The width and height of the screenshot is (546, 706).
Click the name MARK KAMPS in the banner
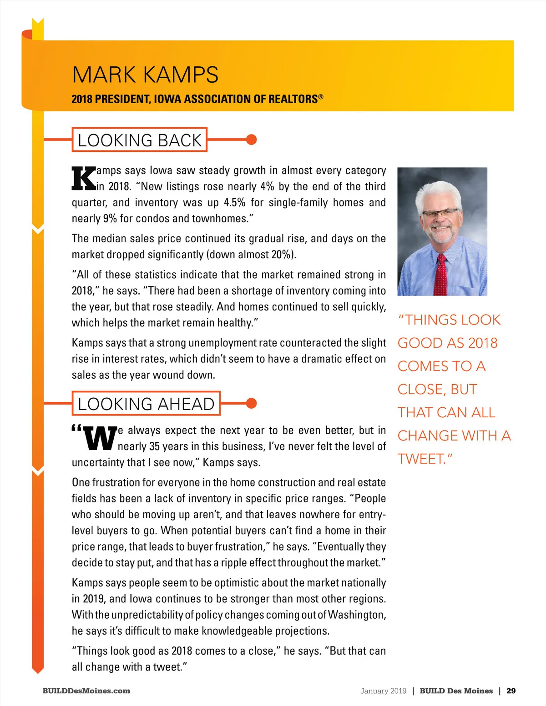(145, 75)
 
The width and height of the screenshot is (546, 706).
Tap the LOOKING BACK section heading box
(140, 140)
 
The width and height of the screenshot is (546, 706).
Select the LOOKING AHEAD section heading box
(146, 404)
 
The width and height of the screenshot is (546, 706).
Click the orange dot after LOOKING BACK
(251, 140)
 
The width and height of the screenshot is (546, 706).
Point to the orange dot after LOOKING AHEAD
(251, 403)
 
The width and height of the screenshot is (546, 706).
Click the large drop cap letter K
(84, 178)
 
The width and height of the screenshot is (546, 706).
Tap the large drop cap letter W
(100, 438)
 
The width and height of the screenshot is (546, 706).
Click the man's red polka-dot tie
(440, 275)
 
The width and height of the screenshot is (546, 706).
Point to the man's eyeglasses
(440, 213)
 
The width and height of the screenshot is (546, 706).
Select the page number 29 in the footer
(511, 691)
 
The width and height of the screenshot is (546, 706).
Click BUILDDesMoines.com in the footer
(86, 691)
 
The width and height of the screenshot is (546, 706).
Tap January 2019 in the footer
(383, 691)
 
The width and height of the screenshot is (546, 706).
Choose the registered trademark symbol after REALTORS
(321, 96)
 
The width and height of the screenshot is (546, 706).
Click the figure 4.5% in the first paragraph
(235, 202)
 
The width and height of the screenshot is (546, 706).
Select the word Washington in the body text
(357, 615)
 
